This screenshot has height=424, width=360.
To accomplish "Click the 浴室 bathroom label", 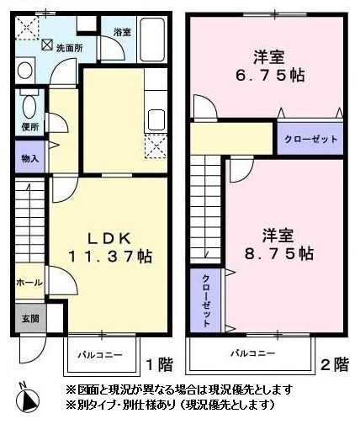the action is [x=122, y=32].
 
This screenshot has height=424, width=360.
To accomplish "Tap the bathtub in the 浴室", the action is [x=152, y=40].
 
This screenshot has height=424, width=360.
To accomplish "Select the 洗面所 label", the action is [x=70, y=48].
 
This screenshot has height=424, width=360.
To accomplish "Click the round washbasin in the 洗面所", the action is [x=24, y=70].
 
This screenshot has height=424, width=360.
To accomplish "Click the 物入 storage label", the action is [x=30, y=159].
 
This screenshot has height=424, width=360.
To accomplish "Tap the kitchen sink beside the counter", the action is [x=156, y=119].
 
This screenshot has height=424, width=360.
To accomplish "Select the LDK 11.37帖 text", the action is [x=110, y=247].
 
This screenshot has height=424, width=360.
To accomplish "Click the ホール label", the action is [x=29, y=283].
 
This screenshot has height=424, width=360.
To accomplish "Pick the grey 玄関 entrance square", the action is [x=30, y=318].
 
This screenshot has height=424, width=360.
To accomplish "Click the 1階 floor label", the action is [x=159, y=365].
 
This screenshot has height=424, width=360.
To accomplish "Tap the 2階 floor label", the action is [x=335, y=364].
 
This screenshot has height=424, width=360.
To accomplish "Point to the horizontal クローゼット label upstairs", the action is [x=310, y=139].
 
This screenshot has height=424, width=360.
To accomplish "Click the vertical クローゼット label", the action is [x=206, y=301].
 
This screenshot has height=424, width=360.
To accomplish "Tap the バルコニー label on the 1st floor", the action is [x=100, y=355].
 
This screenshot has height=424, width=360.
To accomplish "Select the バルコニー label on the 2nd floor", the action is [x=252, y=353].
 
